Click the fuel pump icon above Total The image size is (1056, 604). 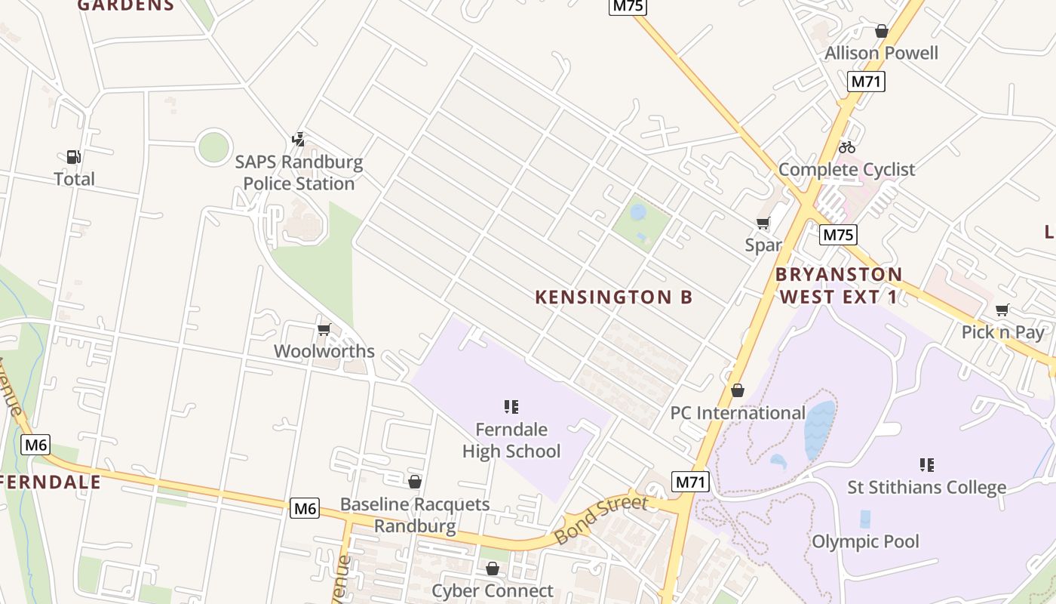(x=73, y=157)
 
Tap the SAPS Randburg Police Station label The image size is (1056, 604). (x=299, y=173)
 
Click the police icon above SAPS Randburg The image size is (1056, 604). (x=299, y=139)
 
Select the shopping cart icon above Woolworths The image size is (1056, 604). (x=324, y=329)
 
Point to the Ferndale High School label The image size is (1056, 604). (x=511, y=440)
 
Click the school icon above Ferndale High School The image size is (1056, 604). (x=511, y=407)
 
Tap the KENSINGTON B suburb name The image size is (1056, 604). (x=613, y=297)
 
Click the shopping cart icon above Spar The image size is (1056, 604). (x=763, y=223)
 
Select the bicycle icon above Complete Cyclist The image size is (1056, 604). (x=847, y=147)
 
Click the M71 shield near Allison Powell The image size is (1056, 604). (x=866, y=82)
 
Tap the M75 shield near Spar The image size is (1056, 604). (x=839, y=235)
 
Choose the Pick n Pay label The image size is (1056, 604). (x=1002, y=332)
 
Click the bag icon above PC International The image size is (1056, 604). (x=738, y=390)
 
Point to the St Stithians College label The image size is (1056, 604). (x=926, y=487)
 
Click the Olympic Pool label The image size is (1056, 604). (x=865, y=541)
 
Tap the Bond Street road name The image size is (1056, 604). (x=601, y=519)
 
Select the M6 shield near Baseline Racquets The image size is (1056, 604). (x=305, y=508)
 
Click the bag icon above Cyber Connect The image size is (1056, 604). (x=493, y=569)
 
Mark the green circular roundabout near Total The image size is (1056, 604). (x=213, y=147)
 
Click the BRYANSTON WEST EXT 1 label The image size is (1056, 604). (x=839, y=285)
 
